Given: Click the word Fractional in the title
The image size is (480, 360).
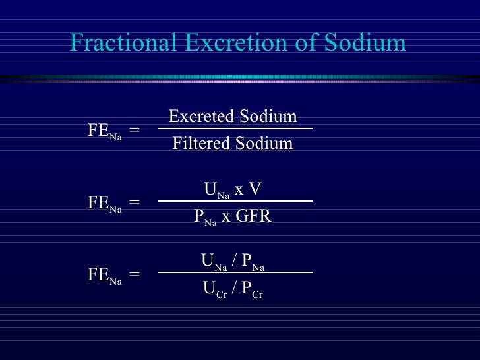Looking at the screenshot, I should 123,43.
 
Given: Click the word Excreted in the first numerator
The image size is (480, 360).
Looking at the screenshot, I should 199,117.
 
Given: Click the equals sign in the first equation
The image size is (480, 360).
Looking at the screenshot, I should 135,130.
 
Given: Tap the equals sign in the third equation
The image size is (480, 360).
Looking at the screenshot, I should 135,275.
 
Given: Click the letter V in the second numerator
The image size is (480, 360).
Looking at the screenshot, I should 256,190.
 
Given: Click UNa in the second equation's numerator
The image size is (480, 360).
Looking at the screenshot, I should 216,191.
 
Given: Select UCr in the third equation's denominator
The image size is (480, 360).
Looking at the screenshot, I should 215,289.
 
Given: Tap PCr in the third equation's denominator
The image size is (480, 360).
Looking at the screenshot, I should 252,289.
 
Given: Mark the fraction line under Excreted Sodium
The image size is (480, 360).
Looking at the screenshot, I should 234,129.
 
